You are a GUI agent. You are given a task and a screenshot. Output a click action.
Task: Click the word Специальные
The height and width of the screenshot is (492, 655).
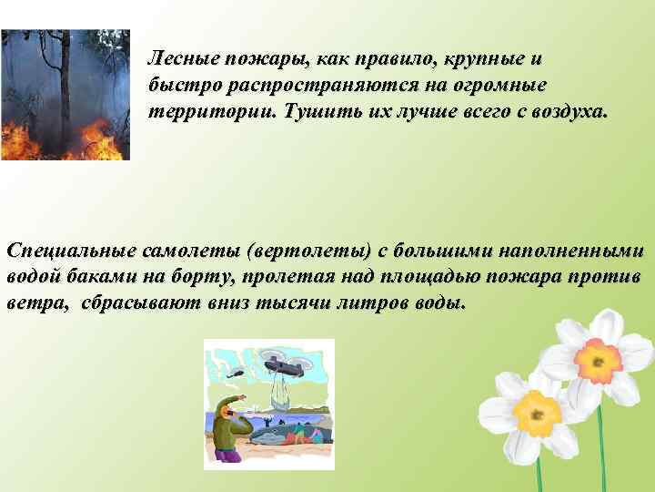click(68, 250)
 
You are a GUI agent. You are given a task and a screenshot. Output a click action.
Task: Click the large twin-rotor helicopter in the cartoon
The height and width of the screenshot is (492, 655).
click(287, 368)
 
